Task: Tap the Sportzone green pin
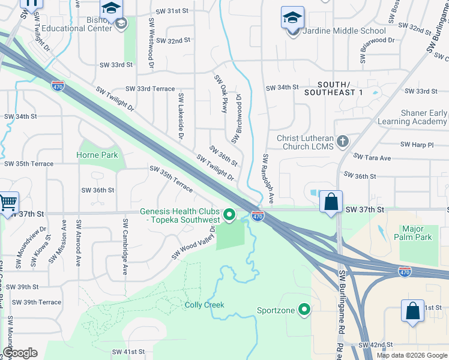click(305, 310)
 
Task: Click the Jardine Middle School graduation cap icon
click(292, 18)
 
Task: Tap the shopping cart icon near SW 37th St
click(8, 203)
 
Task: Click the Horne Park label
click(97, 155)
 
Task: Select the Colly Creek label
click(204, 305)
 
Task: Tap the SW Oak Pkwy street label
click(221, 94)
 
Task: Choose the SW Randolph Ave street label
click(268, 178)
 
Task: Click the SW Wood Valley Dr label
click(193, 244)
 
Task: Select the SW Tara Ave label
click(372, 157)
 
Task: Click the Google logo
click(20, 353)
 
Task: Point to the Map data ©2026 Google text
click(411, 355)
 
